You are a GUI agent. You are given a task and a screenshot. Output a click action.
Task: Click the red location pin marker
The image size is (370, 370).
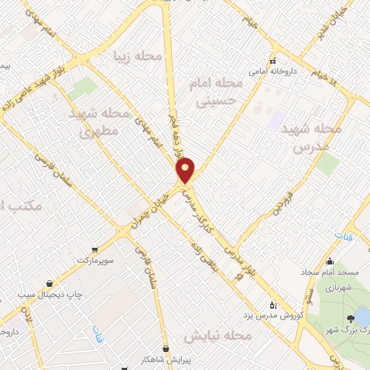[x=186, y=170]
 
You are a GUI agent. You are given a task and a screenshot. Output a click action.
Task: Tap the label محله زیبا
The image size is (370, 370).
[x=137, y=56]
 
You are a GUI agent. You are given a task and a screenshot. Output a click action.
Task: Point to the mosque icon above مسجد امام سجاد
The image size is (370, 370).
[x=330, y=262]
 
